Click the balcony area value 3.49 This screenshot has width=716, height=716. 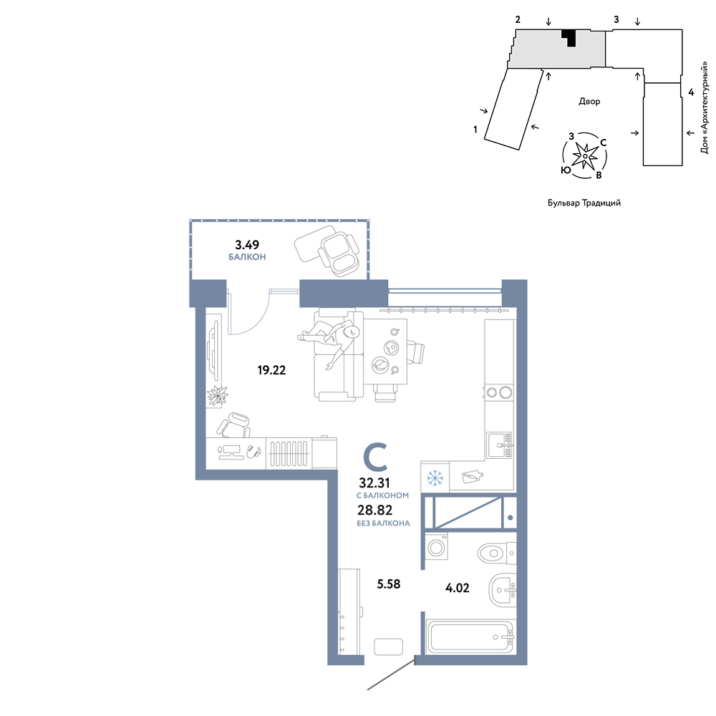(x=246, y=245)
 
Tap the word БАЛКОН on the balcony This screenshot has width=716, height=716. (x=247, y=257)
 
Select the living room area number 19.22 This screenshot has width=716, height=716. (x=271, y=370)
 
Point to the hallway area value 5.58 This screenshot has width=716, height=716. (x=389, y=584)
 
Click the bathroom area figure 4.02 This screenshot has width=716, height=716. (x=457, y=588)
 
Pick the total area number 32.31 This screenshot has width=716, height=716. (x=374, y=483)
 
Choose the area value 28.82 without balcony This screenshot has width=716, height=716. (x=375, y=510)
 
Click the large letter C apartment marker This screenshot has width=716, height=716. (x=375, y=457)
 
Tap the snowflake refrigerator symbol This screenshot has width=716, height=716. (x=435, y=478)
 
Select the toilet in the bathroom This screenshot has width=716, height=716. (x=497, y=553)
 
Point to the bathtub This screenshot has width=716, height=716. (x=471, y=637)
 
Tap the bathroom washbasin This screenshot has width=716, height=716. (x=503, y=590)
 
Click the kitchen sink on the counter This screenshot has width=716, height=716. (x=499, y=445)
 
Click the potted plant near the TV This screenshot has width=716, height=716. (x=217, y=395)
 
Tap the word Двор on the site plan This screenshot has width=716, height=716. (x=589, y=102)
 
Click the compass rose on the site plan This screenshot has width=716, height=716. (x=584, y=156)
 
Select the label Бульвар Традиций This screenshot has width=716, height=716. (x=584, y=203)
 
